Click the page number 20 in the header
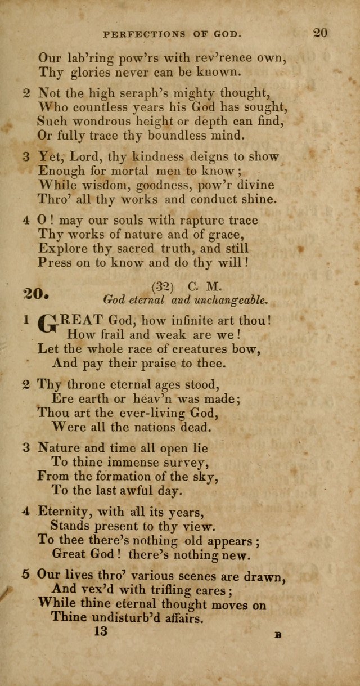(x=321, y=33)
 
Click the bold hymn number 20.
(x=37, y=294)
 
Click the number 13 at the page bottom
(x=100, y=632)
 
